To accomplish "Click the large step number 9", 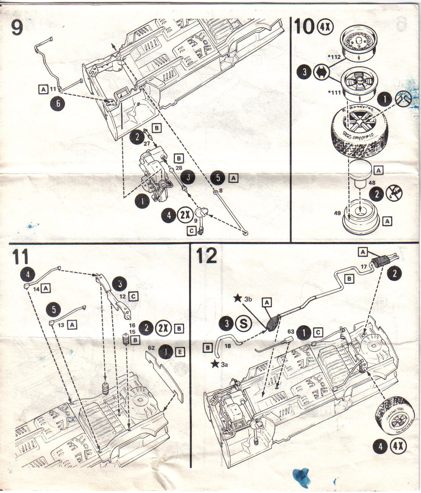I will point(17,27).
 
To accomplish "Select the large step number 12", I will point(206,255).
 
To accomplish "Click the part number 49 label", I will point(337,213).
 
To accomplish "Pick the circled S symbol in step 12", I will point(243,323).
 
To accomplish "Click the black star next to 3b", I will point(238,297).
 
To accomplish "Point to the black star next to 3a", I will point(215,364).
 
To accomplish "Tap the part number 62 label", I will point(152,348).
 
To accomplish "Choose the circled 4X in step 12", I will point(398,446).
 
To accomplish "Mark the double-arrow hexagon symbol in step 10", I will point(319,72).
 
